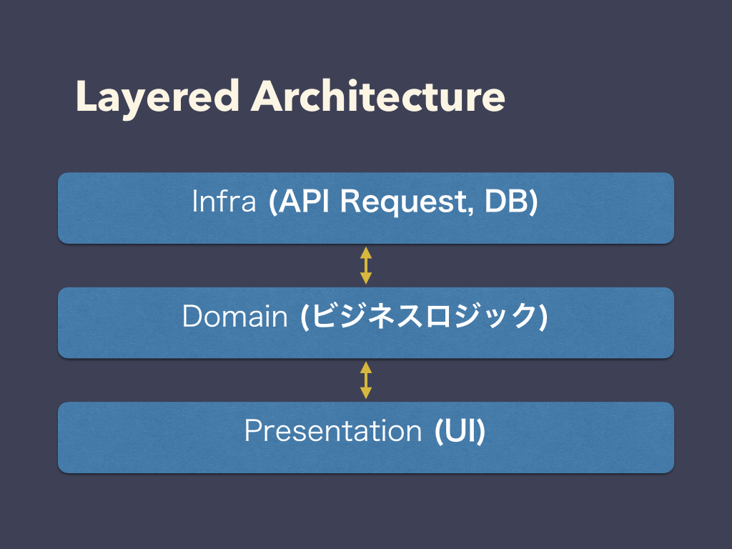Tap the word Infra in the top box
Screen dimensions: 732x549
click(224, 201)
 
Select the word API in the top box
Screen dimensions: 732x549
click(304, 201)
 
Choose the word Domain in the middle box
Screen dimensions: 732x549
click(234, 316)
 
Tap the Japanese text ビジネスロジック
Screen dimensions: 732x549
click(423, 316)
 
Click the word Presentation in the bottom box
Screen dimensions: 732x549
click(333, 430)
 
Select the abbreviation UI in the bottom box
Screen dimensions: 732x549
click(459, 430)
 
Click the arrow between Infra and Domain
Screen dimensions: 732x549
click(366, 266)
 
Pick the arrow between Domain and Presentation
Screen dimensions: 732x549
click(366, 380)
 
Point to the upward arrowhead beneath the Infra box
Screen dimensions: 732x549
click(366, 252)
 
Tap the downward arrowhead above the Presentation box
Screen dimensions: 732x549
click(366, 393)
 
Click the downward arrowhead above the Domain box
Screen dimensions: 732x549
click(366, 279)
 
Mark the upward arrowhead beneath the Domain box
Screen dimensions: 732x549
click(366, 367)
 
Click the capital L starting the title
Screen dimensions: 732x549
click(86, 96)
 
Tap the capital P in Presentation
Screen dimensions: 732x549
click(254, 430)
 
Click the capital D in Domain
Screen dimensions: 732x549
click(192, 316)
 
